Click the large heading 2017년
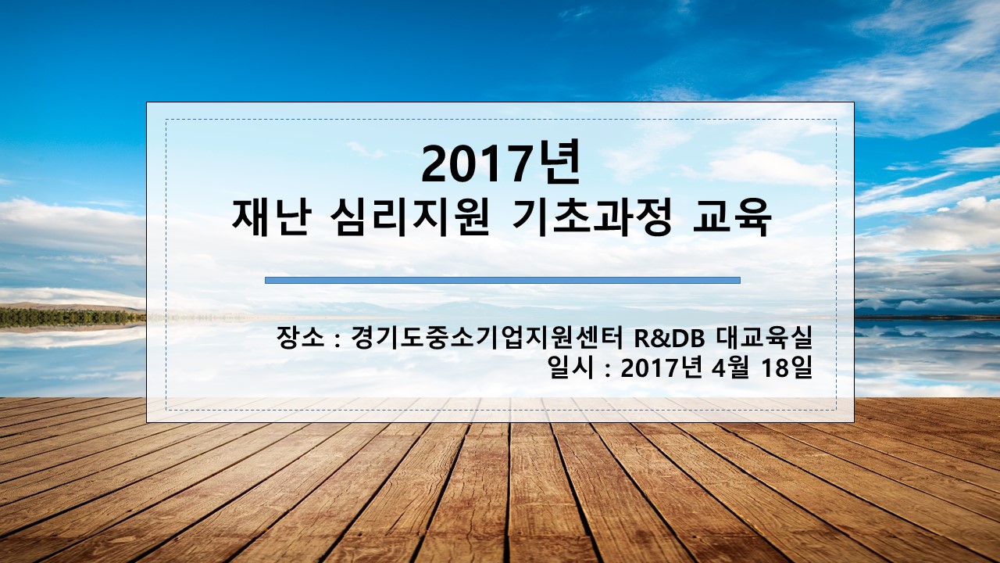point(501,163)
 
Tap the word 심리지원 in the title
point(410,218)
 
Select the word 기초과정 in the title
point(591,218)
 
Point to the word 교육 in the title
point(732,218)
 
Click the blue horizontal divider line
point(502,280)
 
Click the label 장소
point(300,339)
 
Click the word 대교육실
point(764,339)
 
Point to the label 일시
point(571,368)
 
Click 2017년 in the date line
point(655,368)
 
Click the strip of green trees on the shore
point(71,317)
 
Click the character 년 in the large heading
point(559,163)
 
